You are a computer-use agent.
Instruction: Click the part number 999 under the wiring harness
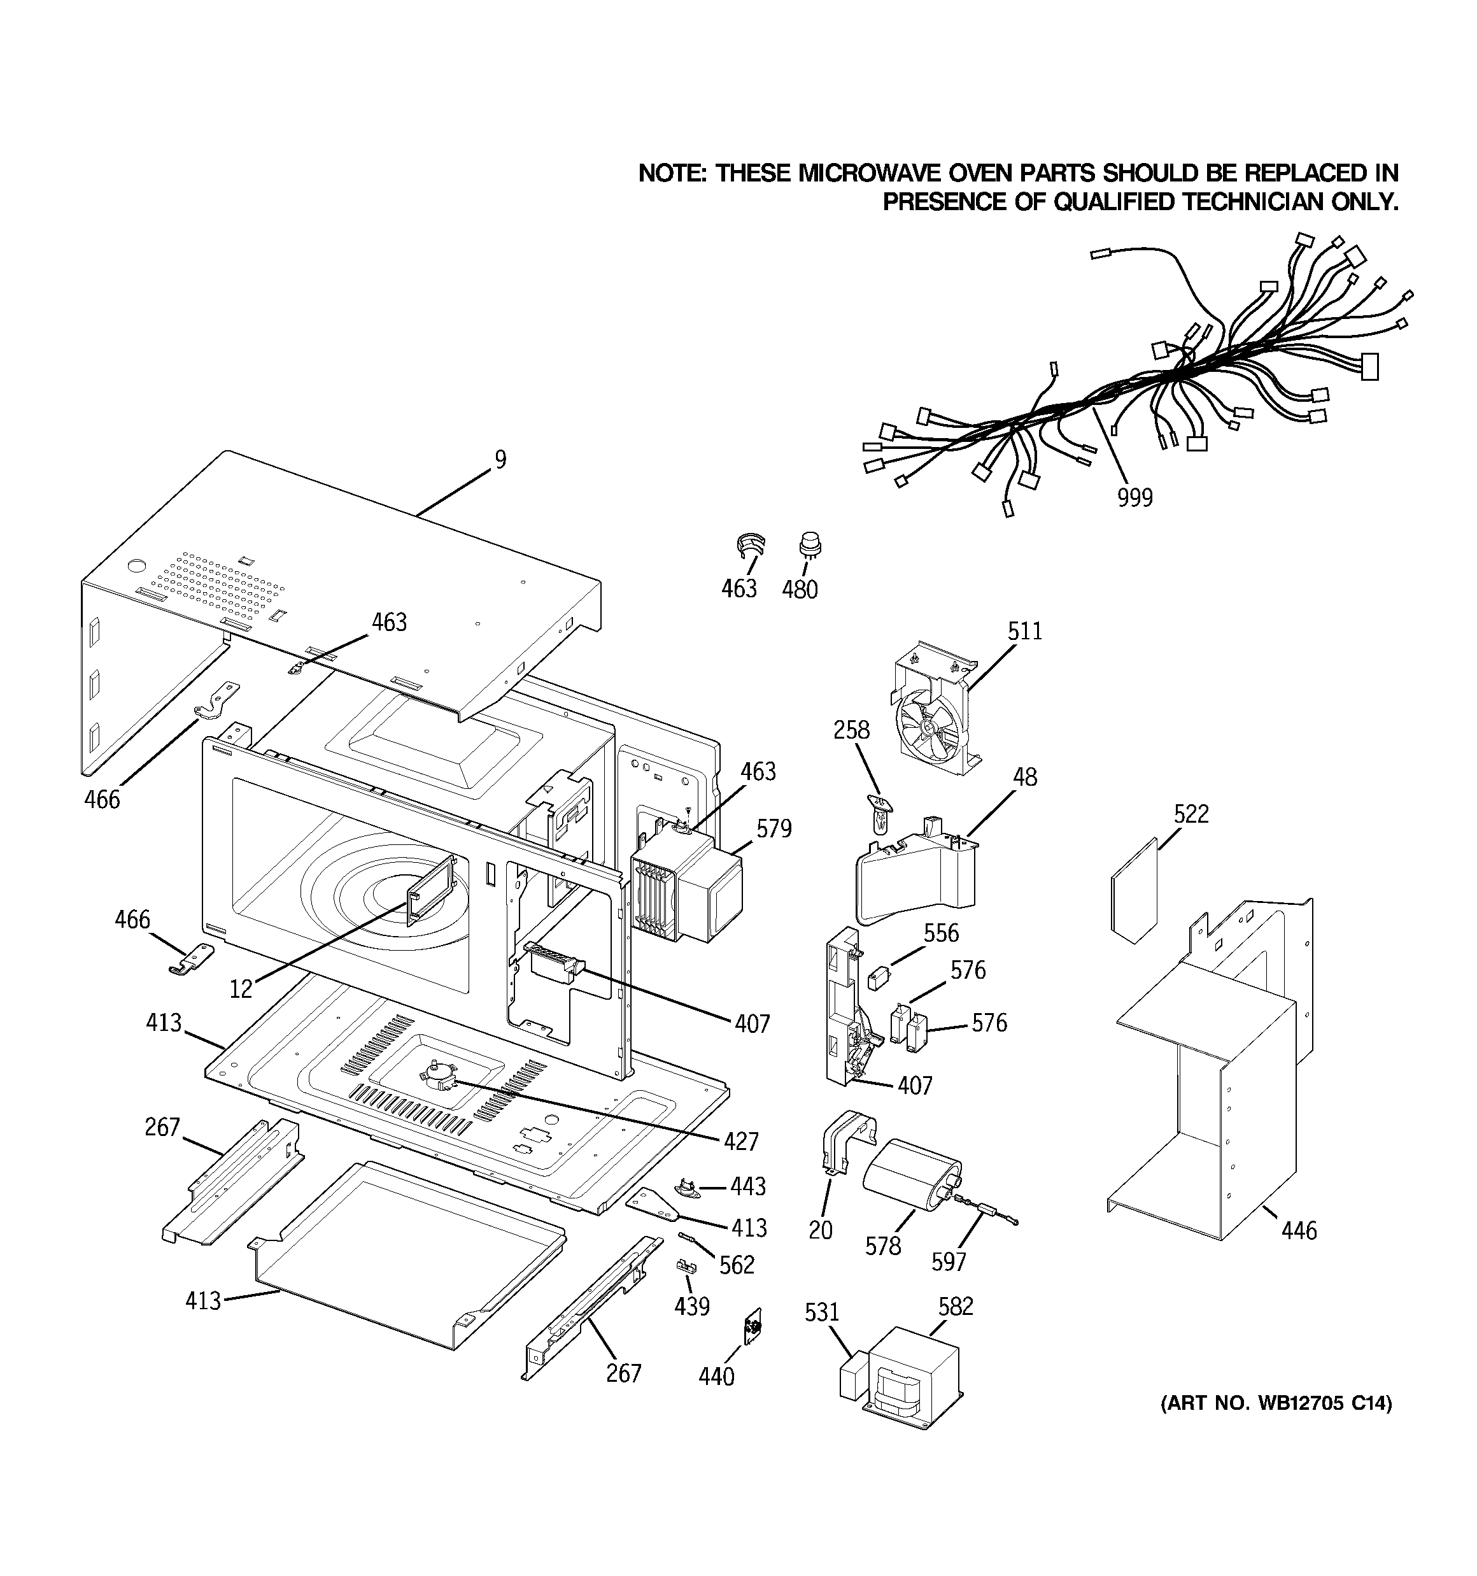(1134, 498)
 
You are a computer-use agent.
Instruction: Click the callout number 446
(1299, 1230)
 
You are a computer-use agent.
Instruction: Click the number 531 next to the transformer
(821, 1312)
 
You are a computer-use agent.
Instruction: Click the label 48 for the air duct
(1024, 777)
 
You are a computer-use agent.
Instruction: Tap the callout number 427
(740, 1141)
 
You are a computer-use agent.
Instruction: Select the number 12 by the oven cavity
(241, 988)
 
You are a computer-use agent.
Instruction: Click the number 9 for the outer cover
(500, 460)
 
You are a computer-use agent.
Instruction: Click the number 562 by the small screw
(737, 1265)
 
